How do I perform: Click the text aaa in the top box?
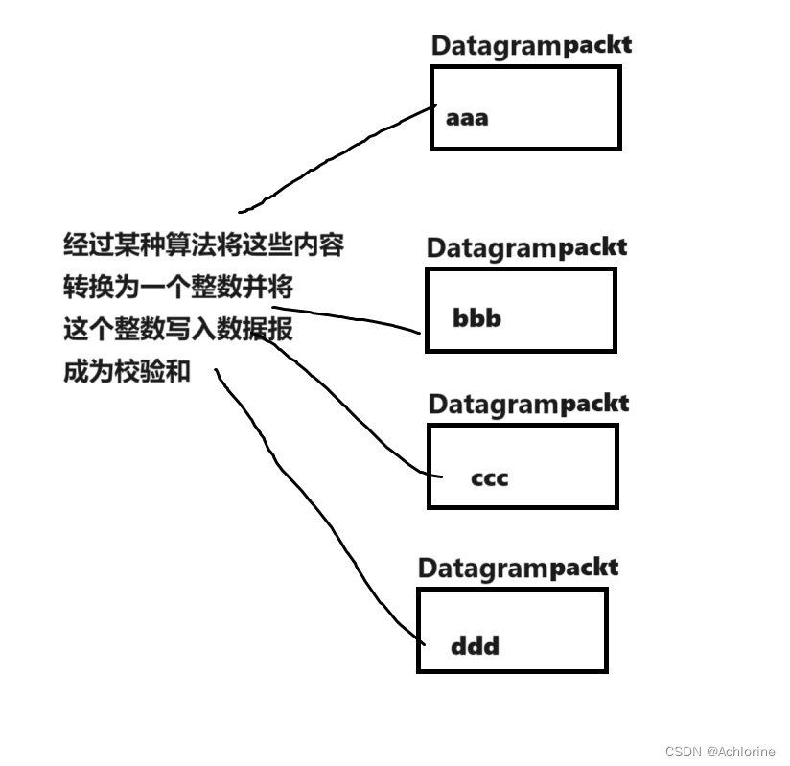click(467, 119)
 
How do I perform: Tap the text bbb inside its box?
click(476, 318)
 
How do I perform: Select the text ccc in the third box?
click(489, 476)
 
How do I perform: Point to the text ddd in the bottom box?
click(475, 645)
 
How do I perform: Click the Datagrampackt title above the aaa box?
click(530, 45)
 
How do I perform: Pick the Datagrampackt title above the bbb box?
click(526, 248)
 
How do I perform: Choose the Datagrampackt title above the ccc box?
click(528, 404)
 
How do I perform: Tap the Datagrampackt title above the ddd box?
click(518, 568)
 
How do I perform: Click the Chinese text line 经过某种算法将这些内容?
click(203, 245)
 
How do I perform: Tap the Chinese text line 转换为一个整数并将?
click(178, 288)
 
